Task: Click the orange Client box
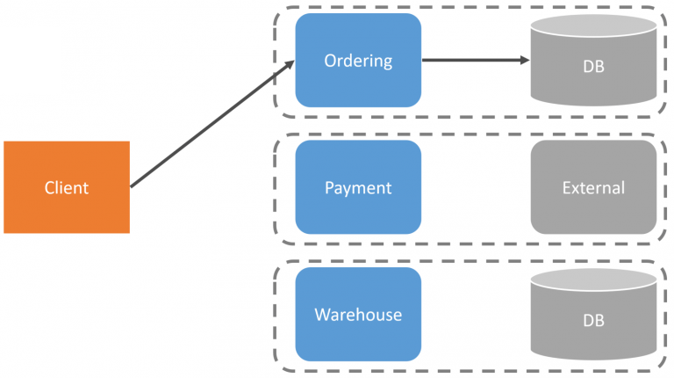coord(67,187)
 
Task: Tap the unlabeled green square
coord(30,60)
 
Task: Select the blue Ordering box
coord(358,61)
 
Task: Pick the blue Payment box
coord(358,187)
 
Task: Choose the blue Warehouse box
coord(358,315)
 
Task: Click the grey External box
coord(593,187)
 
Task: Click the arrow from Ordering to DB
coord(474,61)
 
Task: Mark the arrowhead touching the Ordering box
coord(289,64)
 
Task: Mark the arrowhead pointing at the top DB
coord(524,61)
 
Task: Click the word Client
coord(67,187)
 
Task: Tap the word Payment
coord(358,188)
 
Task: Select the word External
coord(593,188)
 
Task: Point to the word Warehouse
coord(358,315)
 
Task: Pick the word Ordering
coord(358,61)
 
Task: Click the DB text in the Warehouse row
coord(593,321)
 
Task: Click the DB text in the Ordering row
coord(593,67)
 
